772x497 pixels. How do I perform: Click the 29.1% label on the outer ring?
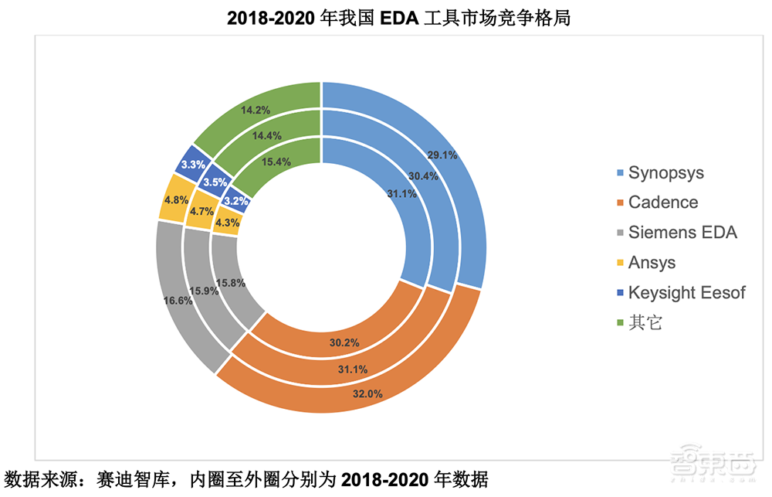(x=443, y=155)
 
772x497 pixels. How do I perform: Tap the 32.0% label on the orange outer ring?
(x=367, y=394)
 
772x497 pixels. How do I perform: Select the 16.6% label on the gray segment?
(x=179, y=301)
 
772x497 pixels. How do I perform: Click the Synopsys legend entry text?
(x=665, y=172)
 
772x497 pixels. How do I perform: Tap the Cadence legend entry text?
(x=662, y=203)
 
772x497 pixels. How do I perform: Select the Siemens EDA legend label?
(x=682, y=233)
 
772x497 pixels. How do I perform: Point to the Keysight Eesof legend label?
(x=686, y=293)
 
